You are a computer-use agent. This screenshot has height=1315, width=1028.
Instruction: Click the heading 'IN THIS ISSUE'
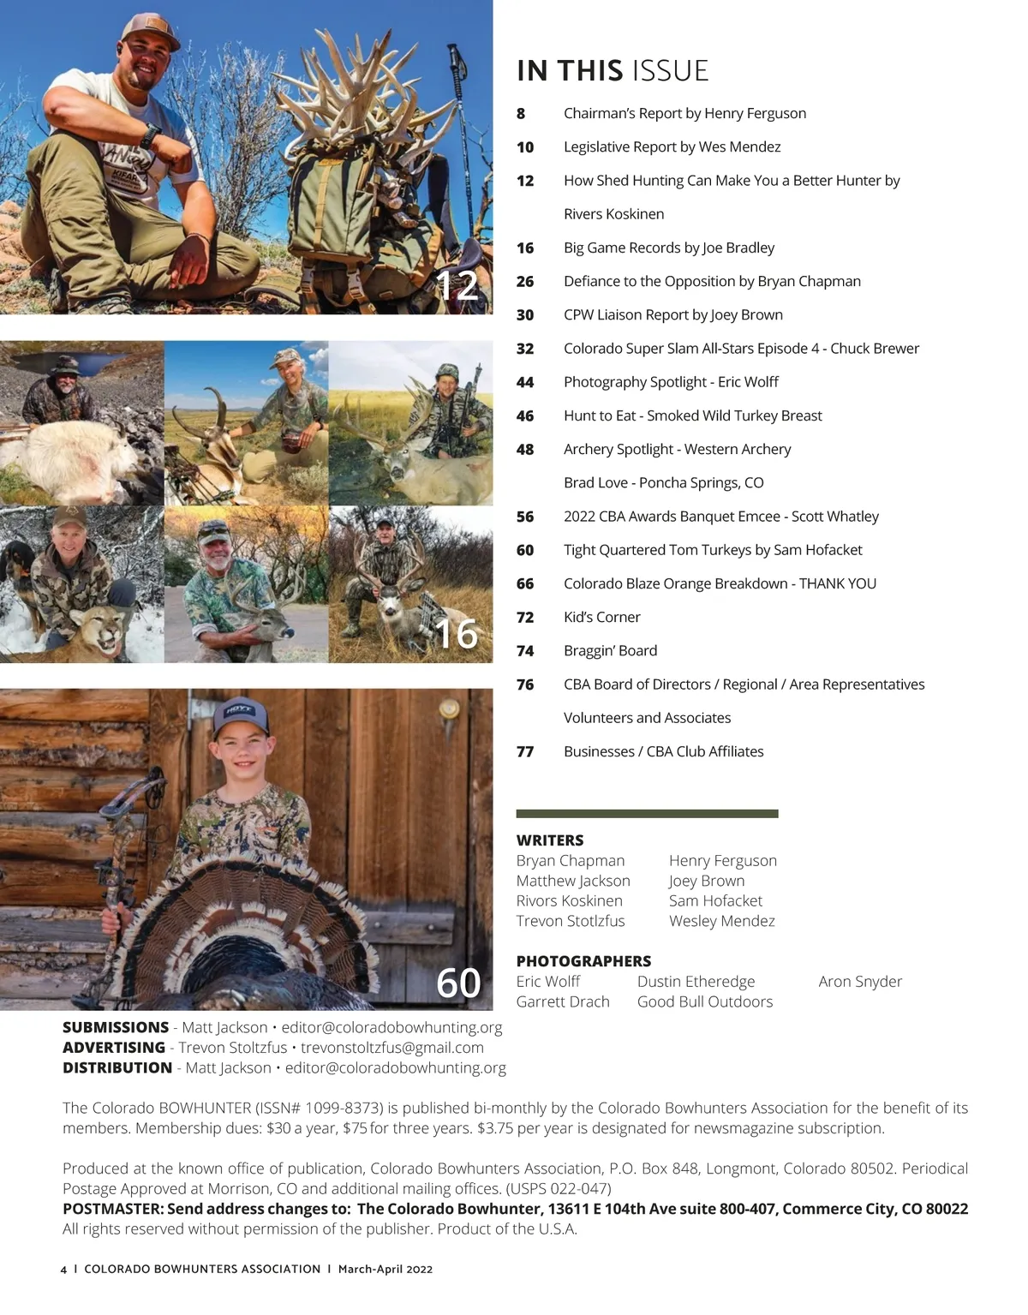coord(613,70)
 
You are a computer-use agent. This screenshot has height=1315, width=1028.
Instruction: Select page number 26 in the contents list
coord(525,281)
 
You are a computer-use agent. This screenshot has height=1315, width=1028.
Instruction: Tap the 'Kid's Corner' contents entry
coord(601,617)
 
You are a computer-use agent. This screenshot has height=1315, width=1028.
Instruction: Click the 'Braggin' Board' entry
coord(610,650)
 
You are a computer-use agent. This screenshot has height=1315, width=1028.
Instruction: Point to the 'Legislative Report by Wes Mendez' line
coord(672,146)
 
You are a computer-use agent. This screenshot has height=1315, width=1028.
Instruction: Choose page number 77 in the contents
coord(525,751)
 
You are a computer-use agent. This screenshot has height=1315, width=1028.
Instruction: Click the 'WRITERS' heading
coord(550,840)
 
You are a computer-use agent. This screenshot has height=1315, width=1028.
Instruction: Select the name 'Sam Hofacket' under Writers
coord(715,900)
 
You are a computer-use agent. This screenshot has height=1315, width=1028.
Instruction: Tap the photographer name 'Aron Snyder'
coord(860,981)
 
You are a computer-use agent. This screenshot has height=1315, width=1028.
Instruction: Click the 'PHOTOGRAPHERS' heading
coord(583,961)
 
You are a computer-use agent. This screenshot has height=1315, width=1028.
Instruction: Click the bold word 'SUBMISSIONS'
coord(116,1027)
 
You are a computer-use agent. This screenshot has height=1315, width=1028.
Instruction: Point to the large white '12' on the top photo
coord(456,285)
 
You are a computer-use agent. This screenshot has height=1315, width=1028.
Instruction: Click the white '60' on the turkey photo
coord(458,983)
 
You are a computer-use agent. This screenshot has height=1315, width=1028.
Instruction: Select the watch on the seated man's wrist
coord(151,135)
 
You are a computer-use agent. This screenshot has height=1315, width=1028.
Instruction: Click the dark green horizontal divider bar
coord(647,814)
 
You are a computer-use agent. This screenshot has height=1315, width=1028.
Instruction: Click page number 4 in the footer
coord(63,1270)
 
